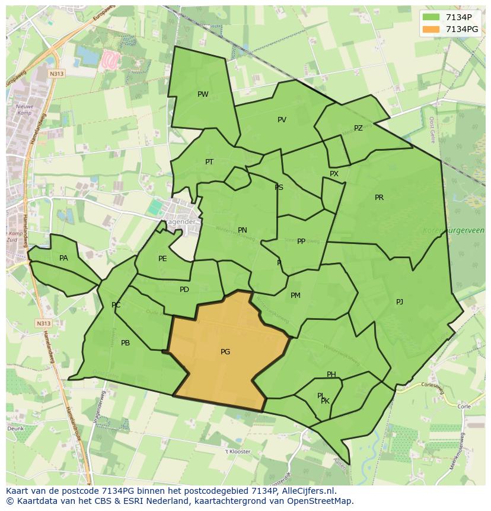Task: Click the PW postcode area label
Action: point(203,94)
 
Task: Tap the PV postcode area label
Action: point(282,120)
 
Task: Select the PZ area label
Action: point(358,128)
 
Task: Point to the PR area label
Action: point(379,198)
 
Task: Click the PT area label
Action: point(209,162)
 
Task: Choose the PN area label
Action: point(242,230)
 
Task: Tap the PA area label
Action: point(63,258)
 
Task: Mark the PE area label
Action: point(162,259)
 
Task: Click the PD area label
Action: point(184,290)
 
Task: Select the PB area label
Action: point(125,343)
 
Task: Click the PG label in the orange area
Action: point(225,352)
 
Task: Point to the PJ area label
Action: point(400,302)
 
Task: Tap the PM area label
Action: point(295,296)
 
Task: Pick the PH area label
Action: point(331,374)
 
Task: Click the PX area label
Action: point(334,174)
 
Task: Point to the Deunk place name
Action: point(15,428)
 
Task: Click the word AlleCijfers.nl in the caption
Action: point(308,491)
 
